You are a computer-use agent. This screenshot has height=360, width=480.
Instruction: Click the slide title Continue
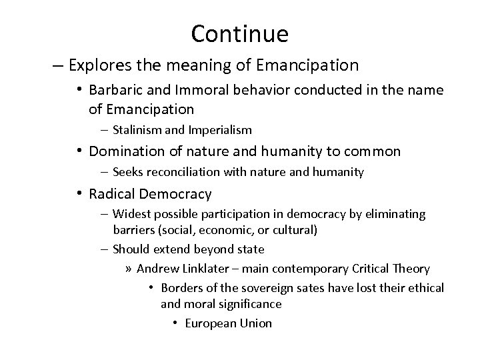click(239, 33)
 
